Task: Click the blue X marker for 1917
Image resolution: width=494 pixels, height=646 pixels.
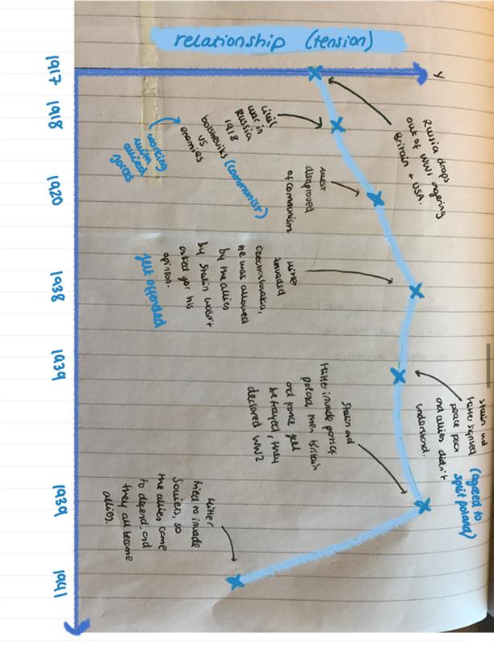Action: [315, 75]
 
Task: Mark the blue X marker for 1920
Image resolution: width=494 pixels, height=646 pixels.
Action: [375, 199]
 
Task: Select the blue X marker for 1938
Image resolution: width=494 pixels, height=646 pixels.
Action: [416, 292]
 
